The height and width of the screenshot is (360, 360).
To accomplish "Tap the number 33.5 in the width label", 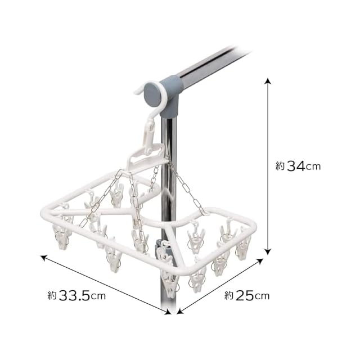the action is [x=74, y=295].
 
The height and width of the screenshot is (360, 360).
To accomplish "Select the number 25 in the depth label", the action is [x=245, y=295].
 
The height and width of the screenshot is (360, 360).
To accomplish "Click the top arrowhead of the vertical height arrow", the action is [x=268, y=81].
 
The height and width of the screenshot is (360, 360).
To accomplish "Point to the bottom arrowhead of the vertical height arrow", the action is [x=268, y=251].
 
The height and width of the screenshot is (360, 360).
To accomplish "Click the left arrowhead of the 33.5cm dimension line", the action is [x=44, y=258].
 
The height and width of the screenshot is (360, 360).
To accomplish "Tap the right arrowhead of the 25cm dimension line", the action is [x=259, y=262].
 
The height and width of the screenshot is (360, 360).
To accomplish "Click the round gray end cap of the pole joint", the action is [x=152, y=94].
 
